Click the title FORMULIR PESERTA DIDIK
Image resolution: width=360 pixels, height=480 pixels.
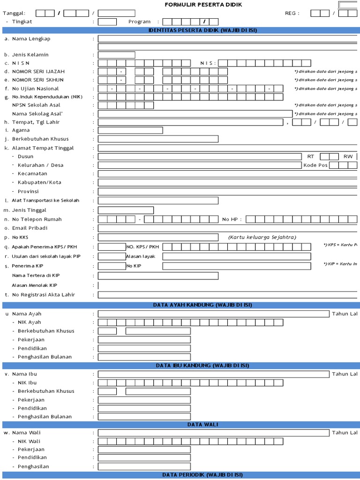(x=203, y=5)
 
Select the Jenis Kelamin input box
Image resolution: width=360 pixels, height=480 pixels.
(x=116, y=55)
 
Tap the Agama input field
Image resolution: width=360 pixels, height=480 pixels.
(x=130, y=130)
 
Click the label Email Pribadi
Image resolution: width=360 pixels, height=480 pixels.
(x=30, y=228)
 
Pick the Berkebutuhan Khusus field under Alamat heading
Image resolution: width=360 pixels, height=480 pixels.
(x=158, y=139)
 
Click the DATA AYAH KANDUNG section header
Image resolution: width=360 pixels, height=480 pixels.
(x=202, y=305)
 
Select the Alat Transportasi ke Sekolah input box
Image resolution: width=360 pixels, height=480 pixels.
(x=158, y=201)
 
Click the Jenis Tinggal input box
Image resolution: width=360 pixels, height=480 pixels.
(x=126, y=210)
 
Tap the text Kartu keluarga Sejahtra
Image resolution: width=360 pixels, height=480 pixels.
(x=262, y=237)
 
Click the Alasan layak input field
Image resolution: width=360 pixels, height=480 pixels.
(x=236, y=256)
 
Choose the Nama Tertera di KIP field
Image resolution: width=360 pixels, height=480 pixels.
(x=158, y=276)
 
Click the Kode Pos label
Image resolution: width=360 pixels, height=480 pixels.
(x=315, y=165)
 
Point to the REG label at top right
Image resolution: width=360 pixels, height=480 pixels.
(x=292, y=13)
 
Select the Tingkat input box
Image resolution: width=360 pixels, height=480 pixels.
(x=107, y=22)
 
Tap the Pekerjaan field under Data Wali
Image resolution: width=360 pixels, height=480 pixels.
(x=144, y=450)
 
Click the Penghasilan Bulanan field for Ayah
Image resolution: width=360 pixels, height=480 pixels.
(x=144, y=357)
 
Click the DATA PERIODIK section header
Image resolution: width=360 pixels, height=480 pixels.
(x=202, y=475)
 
